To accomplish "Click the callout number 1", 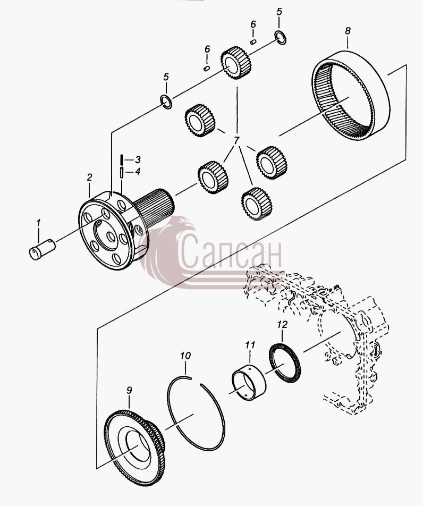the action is point(39,223).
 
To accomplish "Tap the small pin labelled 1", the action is point(43,249).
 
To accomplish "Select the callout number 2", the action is point(89,177).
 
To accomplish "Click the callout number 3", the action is point(138,159).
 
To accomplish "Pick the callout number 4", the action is point(138,172).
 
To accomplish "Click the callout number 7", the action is point(237,141).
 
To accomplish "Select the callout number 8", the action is point(348,31).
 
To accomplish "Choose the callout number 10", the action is point(185,356).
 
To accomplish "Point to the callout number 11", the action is point(250,345).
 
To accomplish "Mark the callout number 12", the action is point(282,325).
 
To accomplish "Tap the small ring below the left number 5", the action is point(166,102).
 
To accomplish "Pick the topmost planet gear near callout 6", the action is point(236,63).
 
